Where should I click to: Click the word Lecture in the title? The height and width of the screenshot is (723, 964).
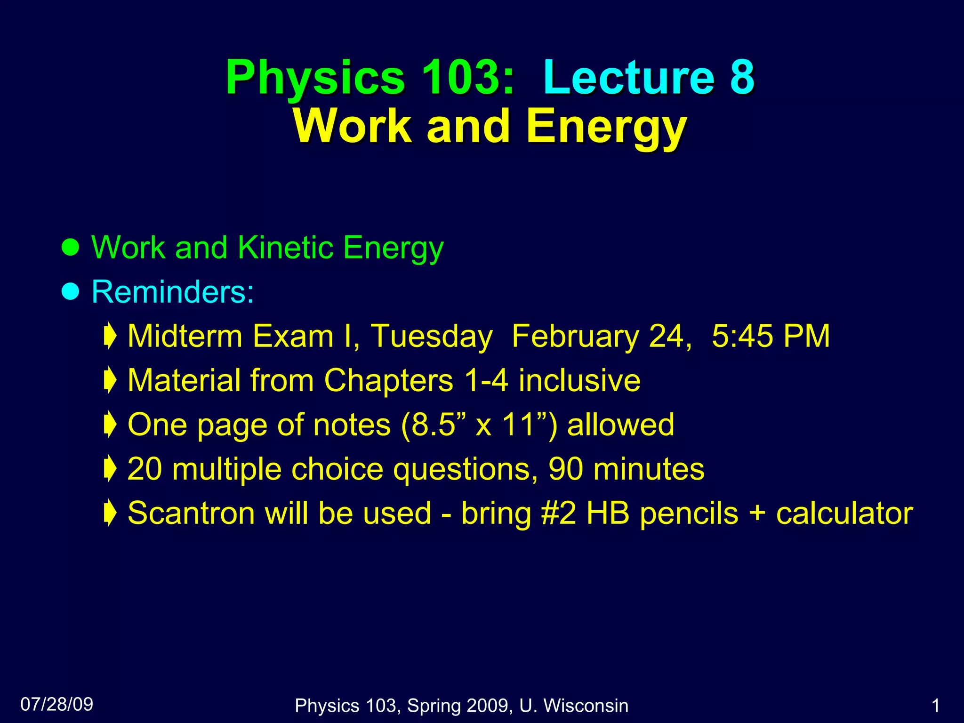pos(629,78)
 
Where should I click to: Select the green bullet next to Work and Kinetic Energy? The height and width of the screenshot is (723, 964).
pos(71,247)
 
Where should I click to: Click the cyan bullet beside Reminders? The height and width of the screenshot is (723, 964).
pos(71,292)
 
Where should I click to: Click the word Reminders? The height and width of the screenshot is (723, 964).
pos(173,292)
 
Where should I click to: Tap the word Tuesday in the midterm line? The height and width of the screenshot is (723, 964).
pos(432,337)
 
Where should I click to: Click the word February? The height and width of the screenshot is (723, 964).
pos(575,337)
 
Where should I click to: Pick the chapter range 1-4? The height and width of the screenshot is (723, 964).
pos(486,380)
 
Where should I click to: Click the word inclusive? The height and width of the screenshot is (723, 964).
pos(579,380)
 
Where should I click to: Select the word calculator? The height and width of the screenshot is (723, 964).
pos(844,513)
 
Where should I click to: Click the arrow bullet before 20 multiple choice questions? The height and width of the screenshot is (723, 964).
pos(110,469)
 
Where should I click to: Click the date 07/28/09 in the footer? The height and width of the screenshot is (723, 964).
pos(57,704)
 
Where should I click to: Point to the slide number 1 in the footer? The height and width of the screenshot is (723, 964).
pos(936,706)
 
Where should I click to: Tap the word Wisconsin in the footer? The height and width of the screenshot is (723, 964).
pos(586,706)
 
